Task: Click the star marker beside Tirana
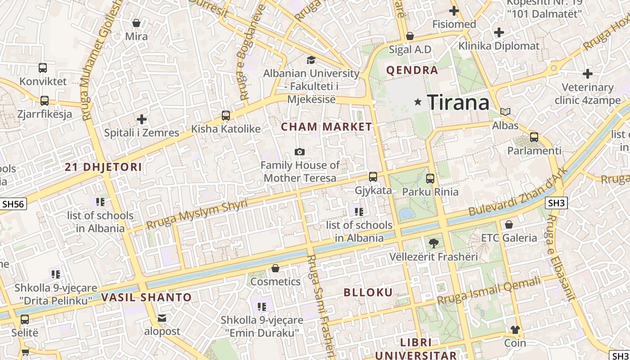tap(418, 102)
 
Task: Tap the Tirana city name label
tap(458, 103)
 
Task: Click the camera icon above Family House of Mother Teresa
tap(300, 152)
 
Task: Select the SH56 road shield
tap(13, 204)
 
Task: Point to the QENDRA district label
tap(412, 70)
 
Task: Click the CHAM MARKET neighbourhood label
tap(327, 127)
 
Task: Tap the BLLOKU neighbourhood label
tap(368, 292)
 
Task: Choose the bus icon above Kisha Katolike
tap(226, 116)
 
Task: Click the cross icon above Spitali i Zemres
tap(142, 119)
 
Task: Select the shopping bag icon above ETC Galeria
tap(509, 224)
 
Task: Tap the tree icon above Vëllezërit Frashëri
tap(434, 243)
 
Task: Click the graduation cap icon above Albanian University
tap(311, 60)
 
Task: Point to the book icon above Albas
tap(505, 112)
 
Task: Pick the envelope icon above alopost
tap(162, 318)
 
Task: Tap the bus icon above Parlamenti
tap(534, 137)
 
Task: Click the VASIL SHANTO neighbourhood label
tap(146, 297)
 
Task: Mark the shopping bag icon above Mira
tap(136, 23)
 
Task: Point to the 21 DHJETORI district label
tap(103, 167)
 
